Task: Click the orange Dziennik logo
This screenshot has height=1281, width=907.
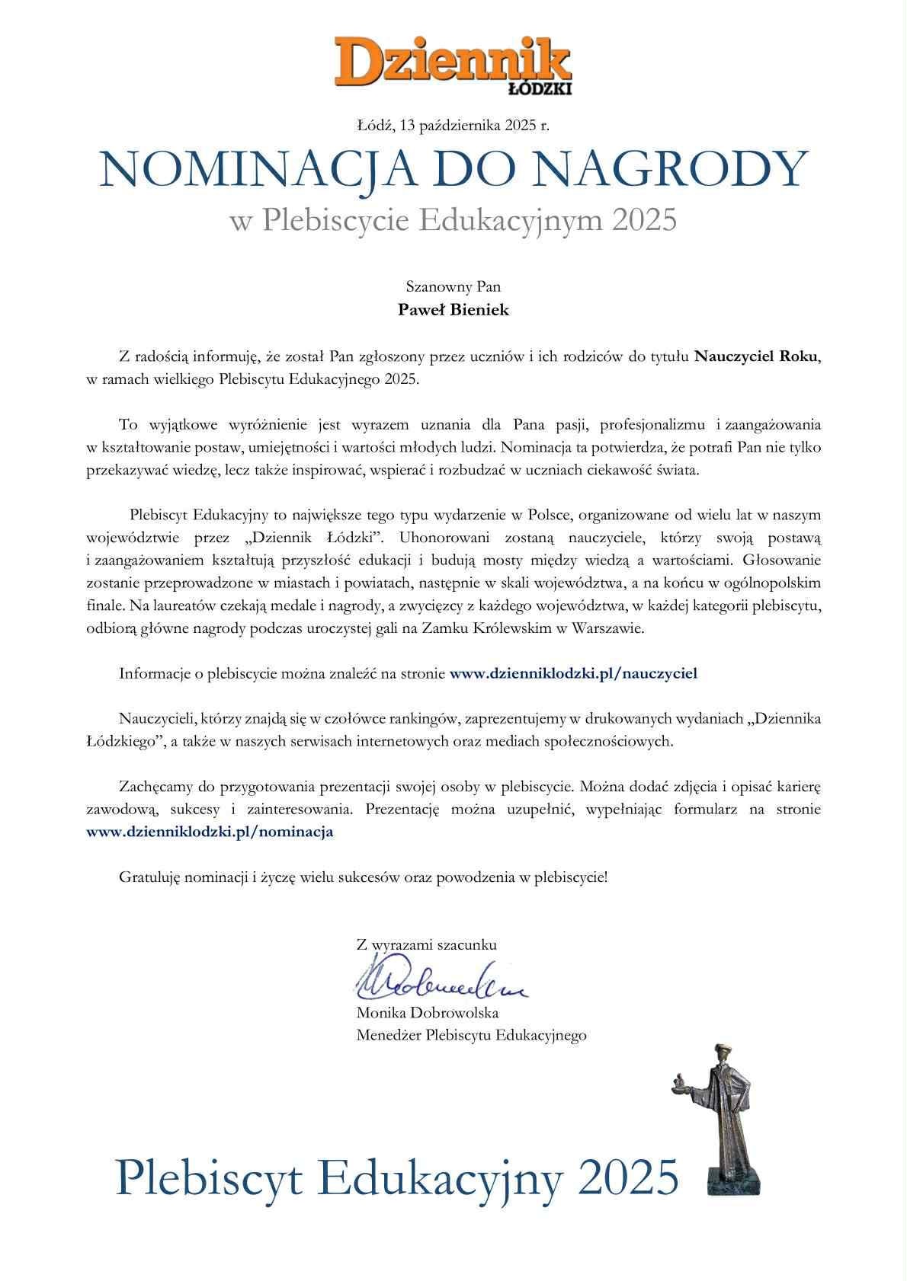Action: pyautogui.click(x=453, y=59)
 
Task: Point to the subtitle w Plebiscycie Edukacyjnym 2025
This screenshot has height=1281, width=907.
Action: pyautogui.click(x=453, y=221)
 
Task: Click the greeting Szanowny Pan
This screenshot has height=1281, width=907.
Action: pyautogui.click(x=453, y=287)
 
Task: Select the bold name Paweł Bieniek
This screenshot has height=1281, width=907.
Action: pyautogui.click(x=453, y=310)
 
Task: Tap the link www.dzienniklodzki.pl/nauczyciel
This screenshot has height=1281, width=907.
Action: pyautogui.click(x=573, y=673)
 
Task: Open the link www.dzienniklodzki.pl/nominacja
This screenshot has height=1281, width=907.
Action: pyautogui.click(x=210, y=832)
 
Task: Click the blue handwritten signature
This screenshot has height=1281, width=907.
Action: pyautogui.click(x=437, y=983)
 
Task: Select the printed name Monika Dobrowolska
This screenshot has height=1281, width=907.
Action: pyautogui.click(x=427, y=1013)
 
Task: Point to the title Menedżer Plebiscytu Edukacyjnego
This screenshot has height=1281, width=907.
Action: pyautogui.click(x=471, y=1035)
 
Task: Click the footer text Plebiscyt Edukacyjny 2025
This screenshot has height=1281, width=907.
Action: pyautogui.click(x=396, y=1176)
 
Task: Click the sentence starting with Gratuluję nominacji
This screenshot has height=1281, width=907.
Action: pyautogui.click(x=364, y=877)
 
